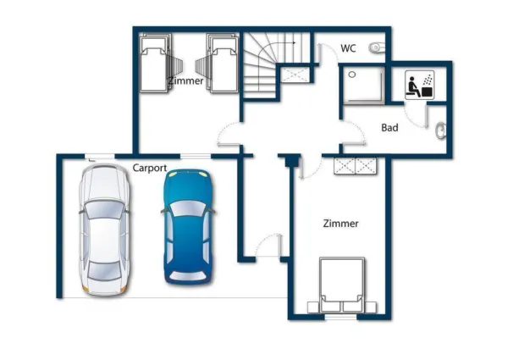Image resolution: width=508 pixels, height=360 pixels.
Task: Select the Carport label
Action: click(x=149, y=168)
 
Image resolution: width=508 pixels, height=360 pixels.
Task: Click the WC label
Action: click(x=348, y=48)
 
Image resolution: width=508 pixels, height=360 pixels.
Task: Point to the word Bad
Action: click(x=389, y=129)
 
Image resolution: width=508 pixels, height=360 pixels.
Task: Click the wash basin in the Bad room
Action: click(x=439, y=130)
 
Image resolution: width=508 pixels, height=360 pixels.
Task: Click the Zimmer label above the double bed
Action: click(x=340, y=224)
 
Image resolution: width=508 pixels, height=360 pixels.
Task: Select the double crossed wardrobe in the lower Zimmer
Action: click(x=354, y=165)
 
